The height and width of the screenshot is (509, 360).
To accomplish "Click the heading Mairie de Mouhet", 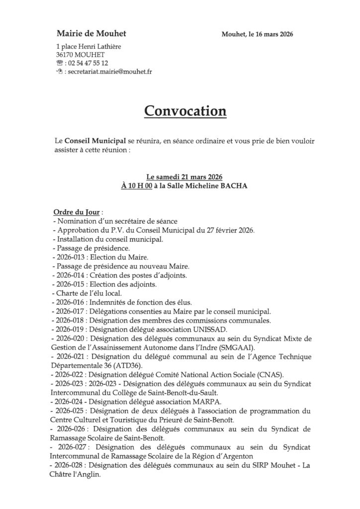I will coord(91,34).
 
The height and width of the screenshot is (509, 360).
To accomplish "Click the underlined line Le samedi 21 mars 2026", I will coord(184,177).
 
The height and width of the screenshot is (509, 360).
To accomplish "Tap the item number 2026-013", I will coord(71,256).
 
